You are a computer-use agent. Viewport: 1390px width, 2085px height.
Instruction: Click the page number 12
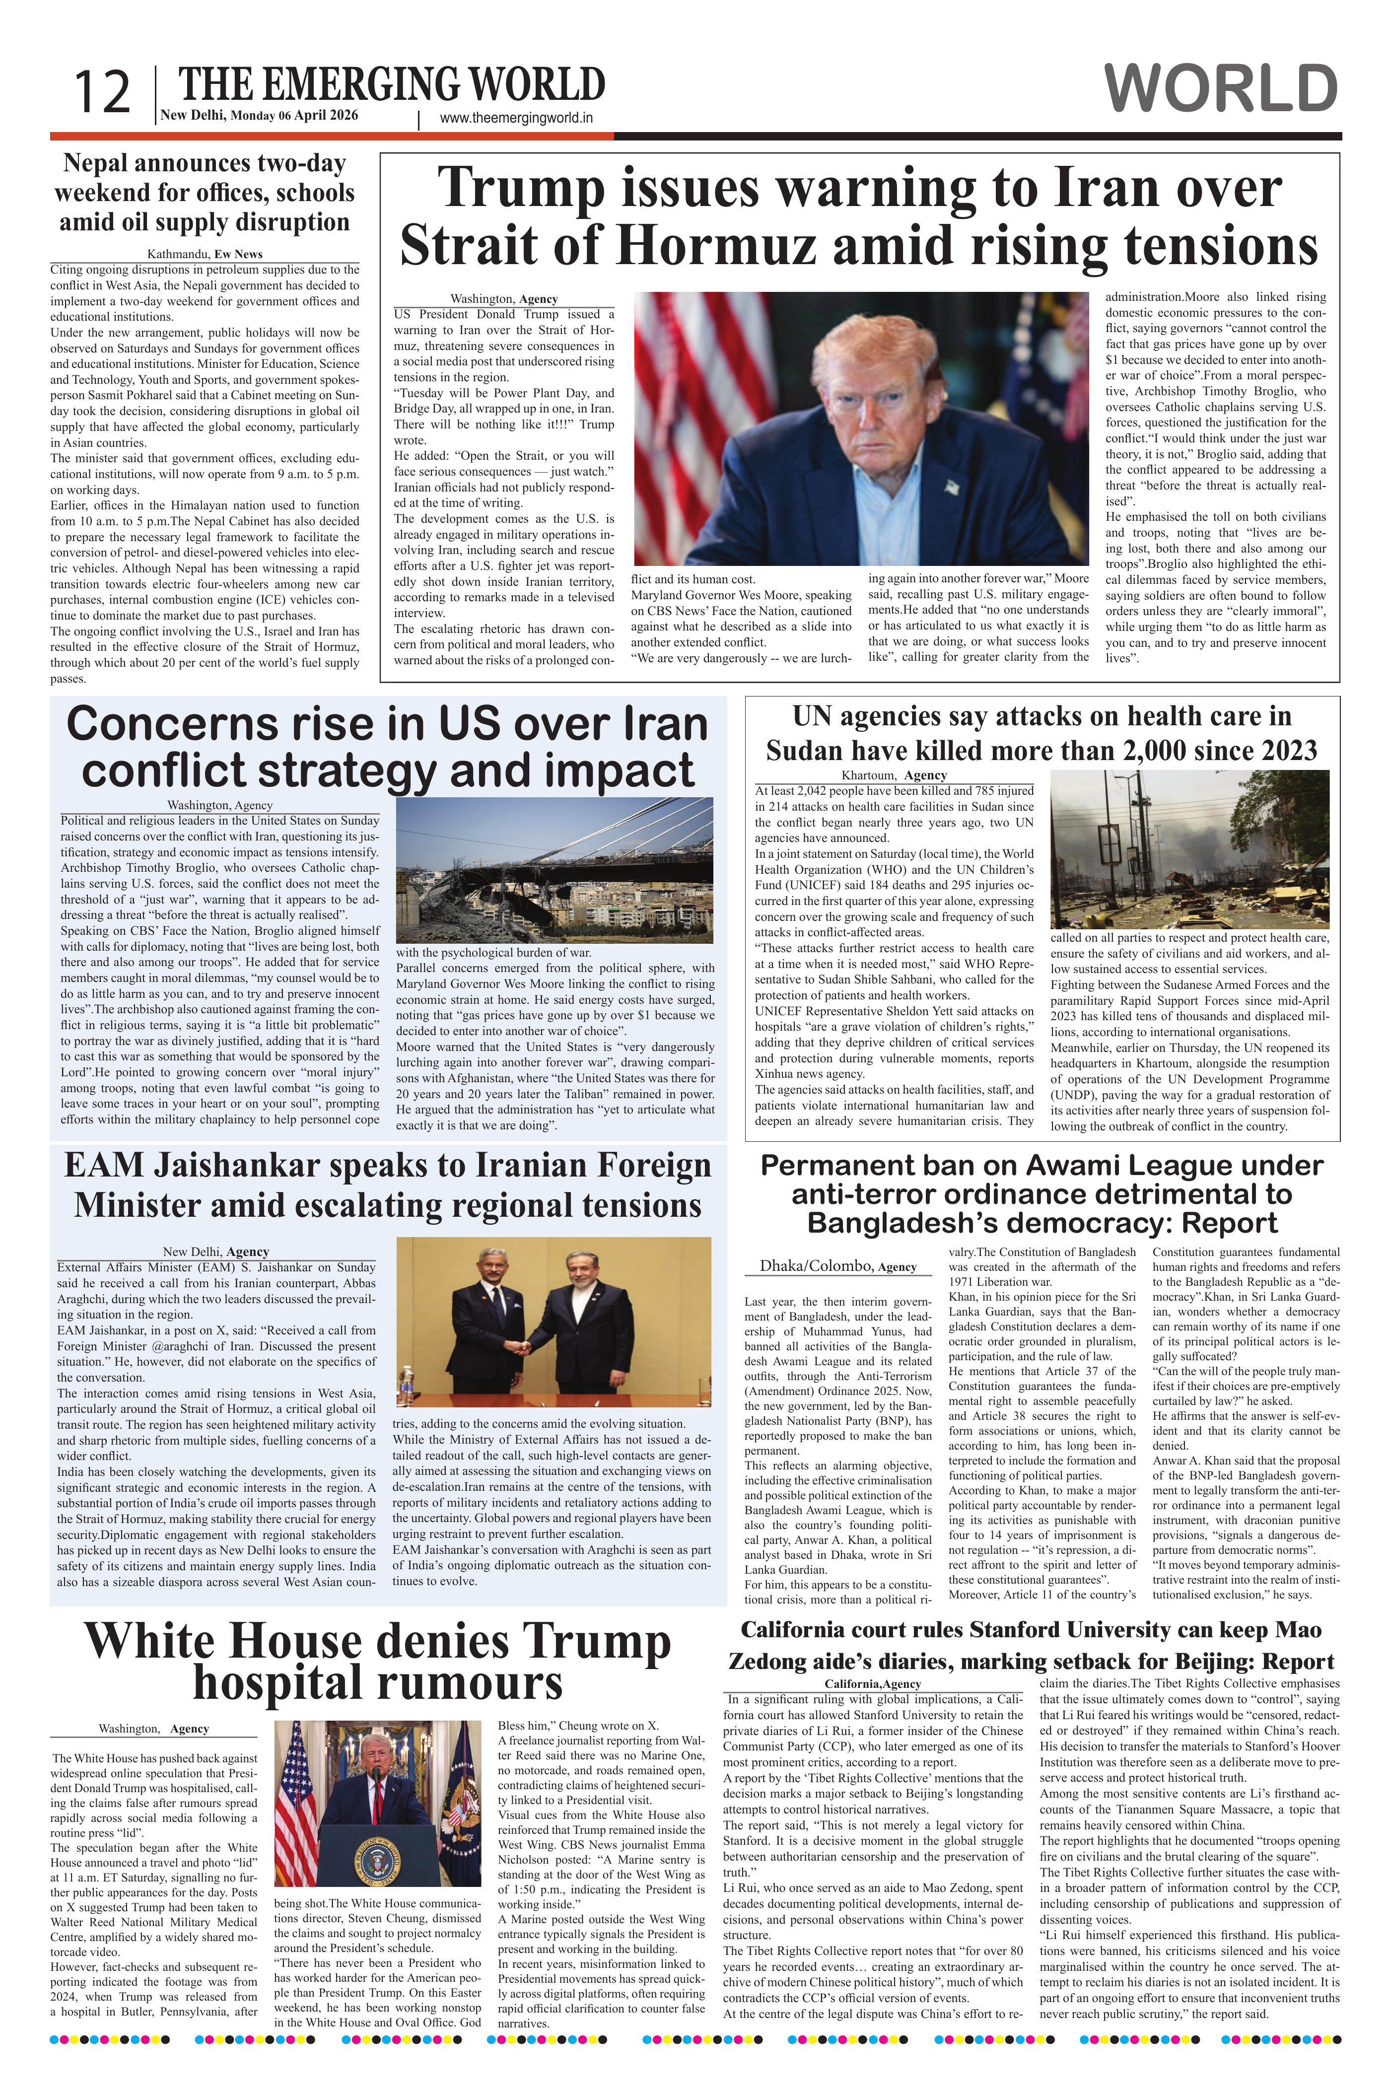click(102, 92)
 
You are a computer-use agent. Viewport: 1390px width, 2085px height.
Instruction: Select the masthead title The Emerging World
click(392, 85)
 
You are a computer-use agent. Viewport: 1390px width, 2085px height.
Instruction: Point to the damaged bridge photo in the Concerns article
click(554, 871)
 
